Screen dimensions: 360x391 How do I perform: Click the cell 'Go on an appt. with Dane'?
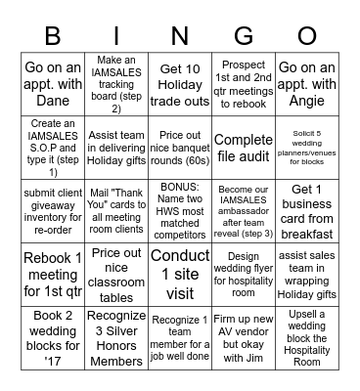[x=52, y=85]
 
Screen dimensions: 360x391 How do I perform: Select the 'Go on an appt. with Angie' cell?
[x=306, y=85]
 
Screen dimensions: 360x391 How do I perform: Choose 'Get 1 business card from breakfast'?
[x=306, y=211]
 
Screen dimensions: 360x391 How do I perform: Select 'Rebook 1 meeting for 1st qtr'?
[x=52, y=275]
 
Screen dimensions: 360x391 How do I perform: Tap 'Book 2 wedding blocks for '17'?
[x=52, y=338]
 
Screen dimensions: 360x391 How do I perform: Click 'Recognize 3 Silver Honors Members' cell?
[x=115, y=338]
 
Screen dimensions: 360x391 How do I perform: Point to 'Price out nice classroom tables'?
[x=115, y=275]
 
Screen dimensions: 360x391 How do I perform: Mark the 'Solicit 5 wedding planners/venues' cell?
[x=306, y=148]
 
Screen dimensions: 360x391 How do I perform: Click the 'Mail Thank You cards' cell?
[x=115, y=211]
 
